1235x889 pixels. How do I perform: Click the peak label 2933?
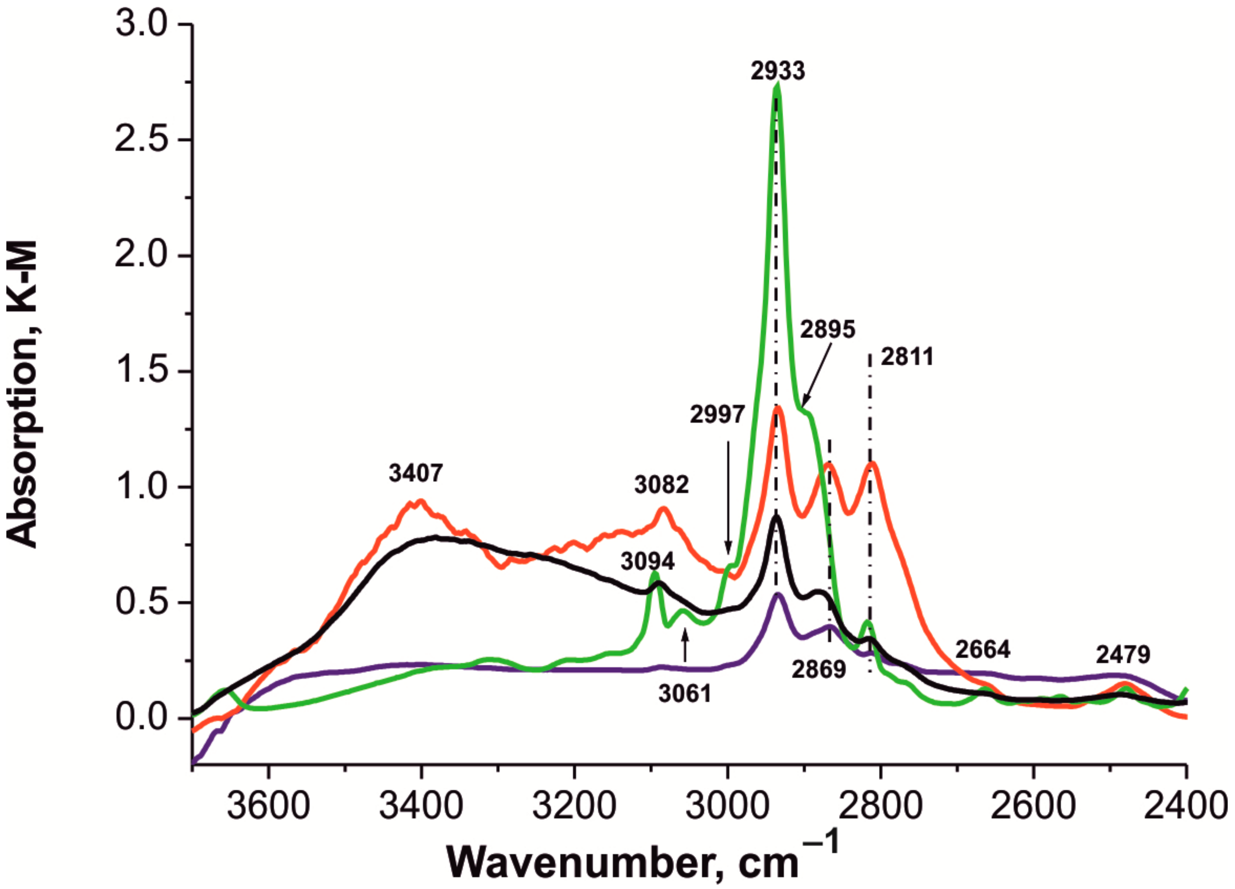777,71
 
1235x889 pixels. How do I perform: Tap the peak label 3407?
416,473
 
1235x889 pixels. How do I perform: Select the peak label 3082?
662,484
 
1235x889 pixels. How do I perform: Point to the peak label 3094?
647,561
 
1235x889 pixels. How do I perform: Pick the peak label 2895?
828,329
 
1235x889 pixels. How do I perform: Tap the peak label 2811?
907,356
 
